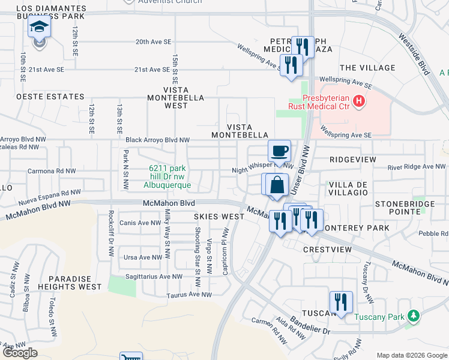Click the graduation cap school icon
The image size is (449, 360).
coord(39,28)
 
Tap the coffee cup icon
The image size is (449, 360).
coord(279,151)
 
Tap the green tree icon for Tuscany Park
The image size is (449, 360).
coord(412,316)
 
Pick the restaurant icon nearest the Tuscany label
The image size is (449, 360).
coord(340,302)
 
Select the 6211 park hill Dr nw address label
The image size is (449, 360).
coord(170,177)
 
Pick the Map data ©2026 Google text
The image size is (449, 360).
coord(411,355)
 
